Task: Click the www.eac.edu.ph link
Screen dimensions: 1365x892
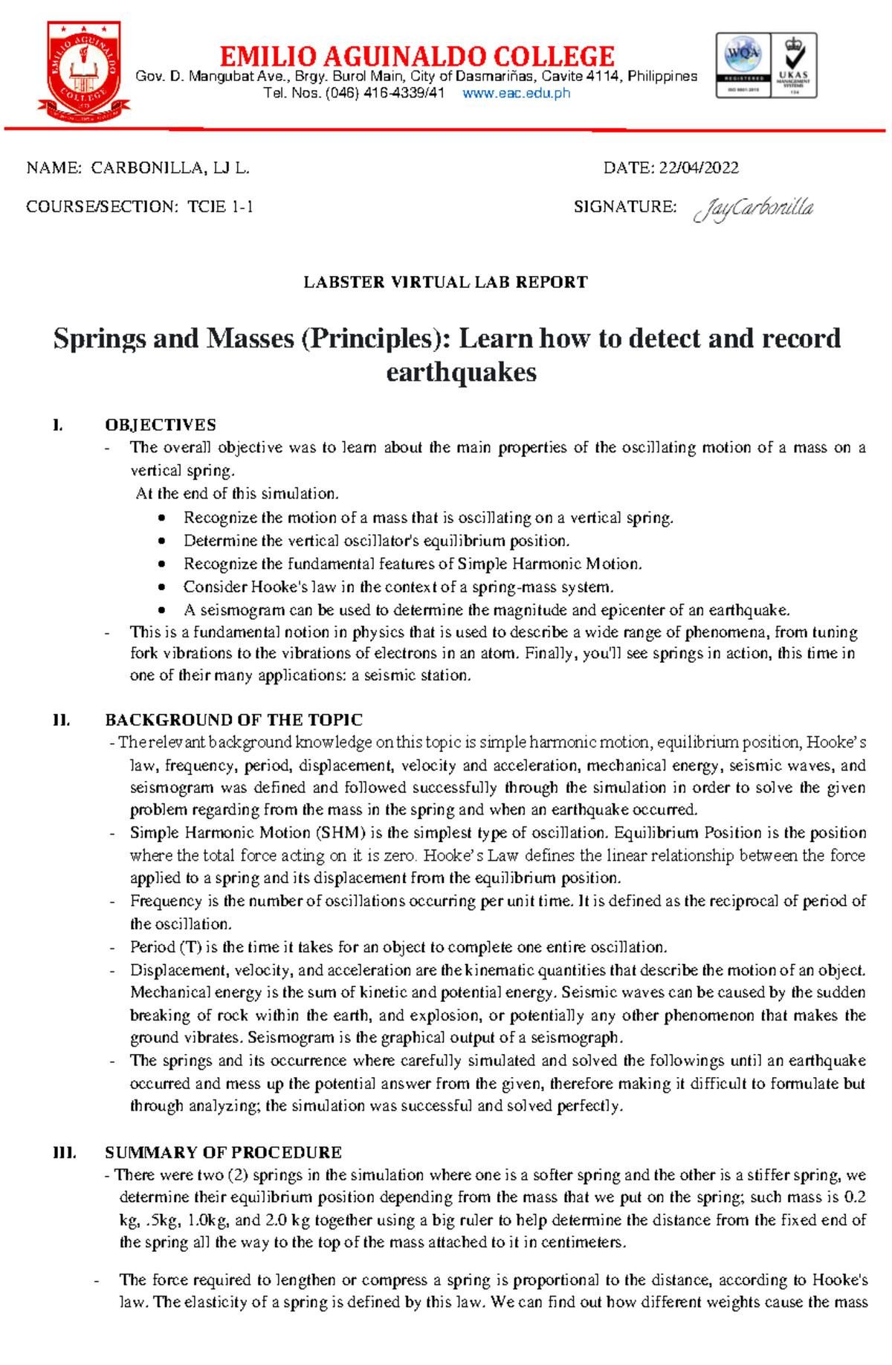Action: coord(516,93)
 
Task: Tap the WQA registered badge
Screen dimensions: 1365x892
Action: coord(743,65)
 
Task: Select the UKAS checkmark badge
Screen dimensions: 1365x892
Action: coord(794,65)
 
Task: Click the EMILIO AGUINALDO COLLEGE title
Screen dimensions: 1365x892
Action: coord(417,56)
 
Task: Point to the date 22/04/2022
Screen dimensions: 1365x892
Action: coord(699,168)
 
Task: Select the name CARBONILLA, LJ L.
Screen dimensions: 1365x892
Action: coord(170,168)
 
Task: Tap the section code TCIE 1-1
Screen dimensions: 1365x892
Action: coord(220,207)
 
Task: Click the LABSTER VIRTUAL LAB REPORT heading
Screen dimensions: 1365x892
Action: coord(445,283)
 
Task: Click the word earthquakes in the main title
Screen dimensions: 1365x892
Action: coord(461,372)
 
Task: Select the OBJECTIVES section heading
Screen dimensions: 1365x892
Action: coord(161,425)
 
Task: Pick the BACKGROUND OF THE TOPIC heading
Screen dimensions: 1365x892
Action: coord(233,720)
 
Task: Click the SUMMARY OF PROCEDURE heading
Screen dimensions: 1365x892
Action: coord(223,1152)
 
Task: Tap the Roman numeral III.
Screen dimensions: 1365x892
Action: coord(64,1152)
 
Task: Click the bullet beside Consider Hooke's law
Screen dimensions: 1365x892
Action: coord(162,588)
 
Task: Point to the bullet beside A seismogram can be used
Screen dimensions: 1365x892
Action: coord(162,611)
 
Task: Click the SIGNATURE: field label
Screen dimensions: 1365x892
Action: coord(624,207)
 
